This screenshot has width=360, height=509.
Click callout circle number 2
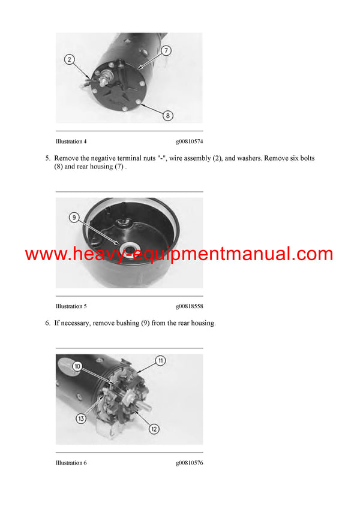pos(70,59)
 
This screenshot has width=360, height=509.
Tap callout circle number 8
pos(168,116)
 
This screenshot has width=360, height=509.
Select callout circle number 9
pos(74,218)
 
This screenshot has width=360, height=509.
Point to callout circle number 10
pos(77,366)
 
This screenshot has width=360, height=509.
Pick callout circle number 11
pos(160,360)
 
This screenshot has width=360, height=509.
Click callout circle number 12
pos(154,429)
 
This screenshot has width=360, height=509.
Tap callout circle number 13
pos(80,418)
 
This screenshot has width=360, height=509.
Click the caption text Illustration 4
pos(71,141)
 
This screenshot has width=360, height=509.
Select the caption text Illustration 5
pos(71,306)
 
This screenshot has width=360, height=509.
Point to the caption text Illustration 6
pos(71,463)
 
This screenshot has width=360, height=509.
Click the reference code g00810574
pos(189,141)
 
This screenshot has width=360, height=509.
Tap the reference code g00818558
pos(189,306)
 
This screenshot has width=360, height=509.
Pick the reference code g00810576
pos(189,463)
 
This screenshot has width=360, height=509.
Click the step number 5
pos(47,158)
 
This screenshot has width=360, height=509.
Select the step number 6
pos(47,323)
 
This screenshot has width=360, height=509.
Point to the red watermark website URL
pos(179,254)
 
